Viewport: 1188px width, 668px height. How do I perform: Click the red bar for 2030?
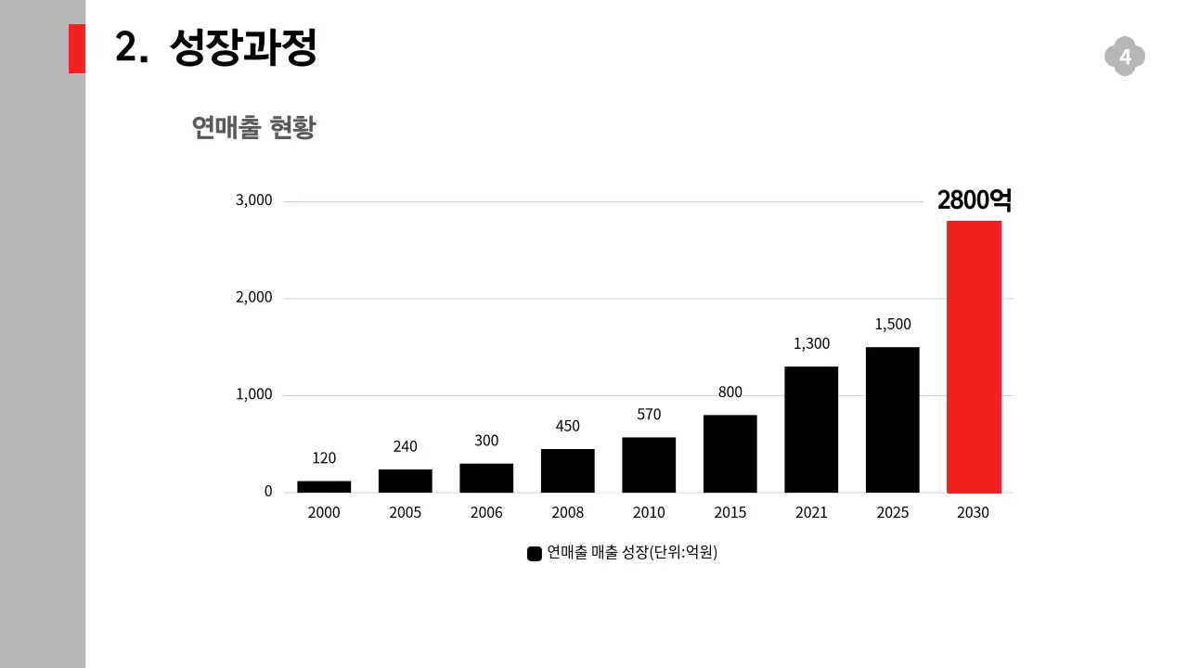coord(974,357)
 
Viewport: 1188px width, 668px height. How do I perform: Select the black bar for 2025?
coord(892,419)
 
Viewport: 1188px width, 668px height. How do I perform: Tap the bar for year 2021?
coord(811,430)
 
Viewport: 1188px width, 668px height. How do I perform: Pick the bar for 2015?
coord(730,454)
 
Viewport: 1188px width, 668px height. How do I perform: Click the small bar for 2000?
coord(324,486)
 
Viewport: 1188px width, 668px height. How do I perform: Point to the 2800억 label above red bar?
coord(974,200)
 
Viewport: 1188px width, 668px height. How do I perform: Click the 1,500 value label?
coord(893,324)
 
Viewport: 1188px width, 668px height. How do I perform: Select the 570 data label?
coord(649,414)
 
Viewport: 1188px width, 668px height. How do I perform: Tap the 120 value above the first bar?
coord(324,457)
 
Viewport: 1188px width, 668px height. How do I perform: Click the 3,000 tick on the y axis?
coord(253,200)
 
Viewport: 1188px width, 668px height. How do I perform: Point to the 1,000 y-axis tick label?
coord(253,394)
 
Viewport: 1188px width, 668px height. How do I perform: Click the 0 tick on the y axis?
coord(268,492)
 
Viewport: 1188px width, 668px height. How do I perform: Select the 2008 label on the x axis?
coord(567,512)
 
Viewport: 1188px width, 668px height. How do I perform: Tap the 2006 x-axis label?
coord(486,512)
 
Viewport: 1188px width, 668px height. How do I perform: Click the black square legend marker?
coord(534,554)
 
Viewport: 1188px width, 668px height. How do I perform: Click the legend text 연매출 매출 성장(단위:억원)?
coord(632,553)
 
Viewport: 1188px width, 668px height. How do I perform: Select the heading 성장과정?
coord(244,47)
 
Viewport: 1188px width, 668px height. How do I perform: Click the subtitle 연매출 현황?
coord(253,127)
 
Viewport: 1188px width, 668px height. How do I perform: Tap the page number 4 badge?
coord(1125,58)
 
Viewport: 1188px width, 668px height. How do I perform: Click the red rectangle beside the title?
coord(76,48)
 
